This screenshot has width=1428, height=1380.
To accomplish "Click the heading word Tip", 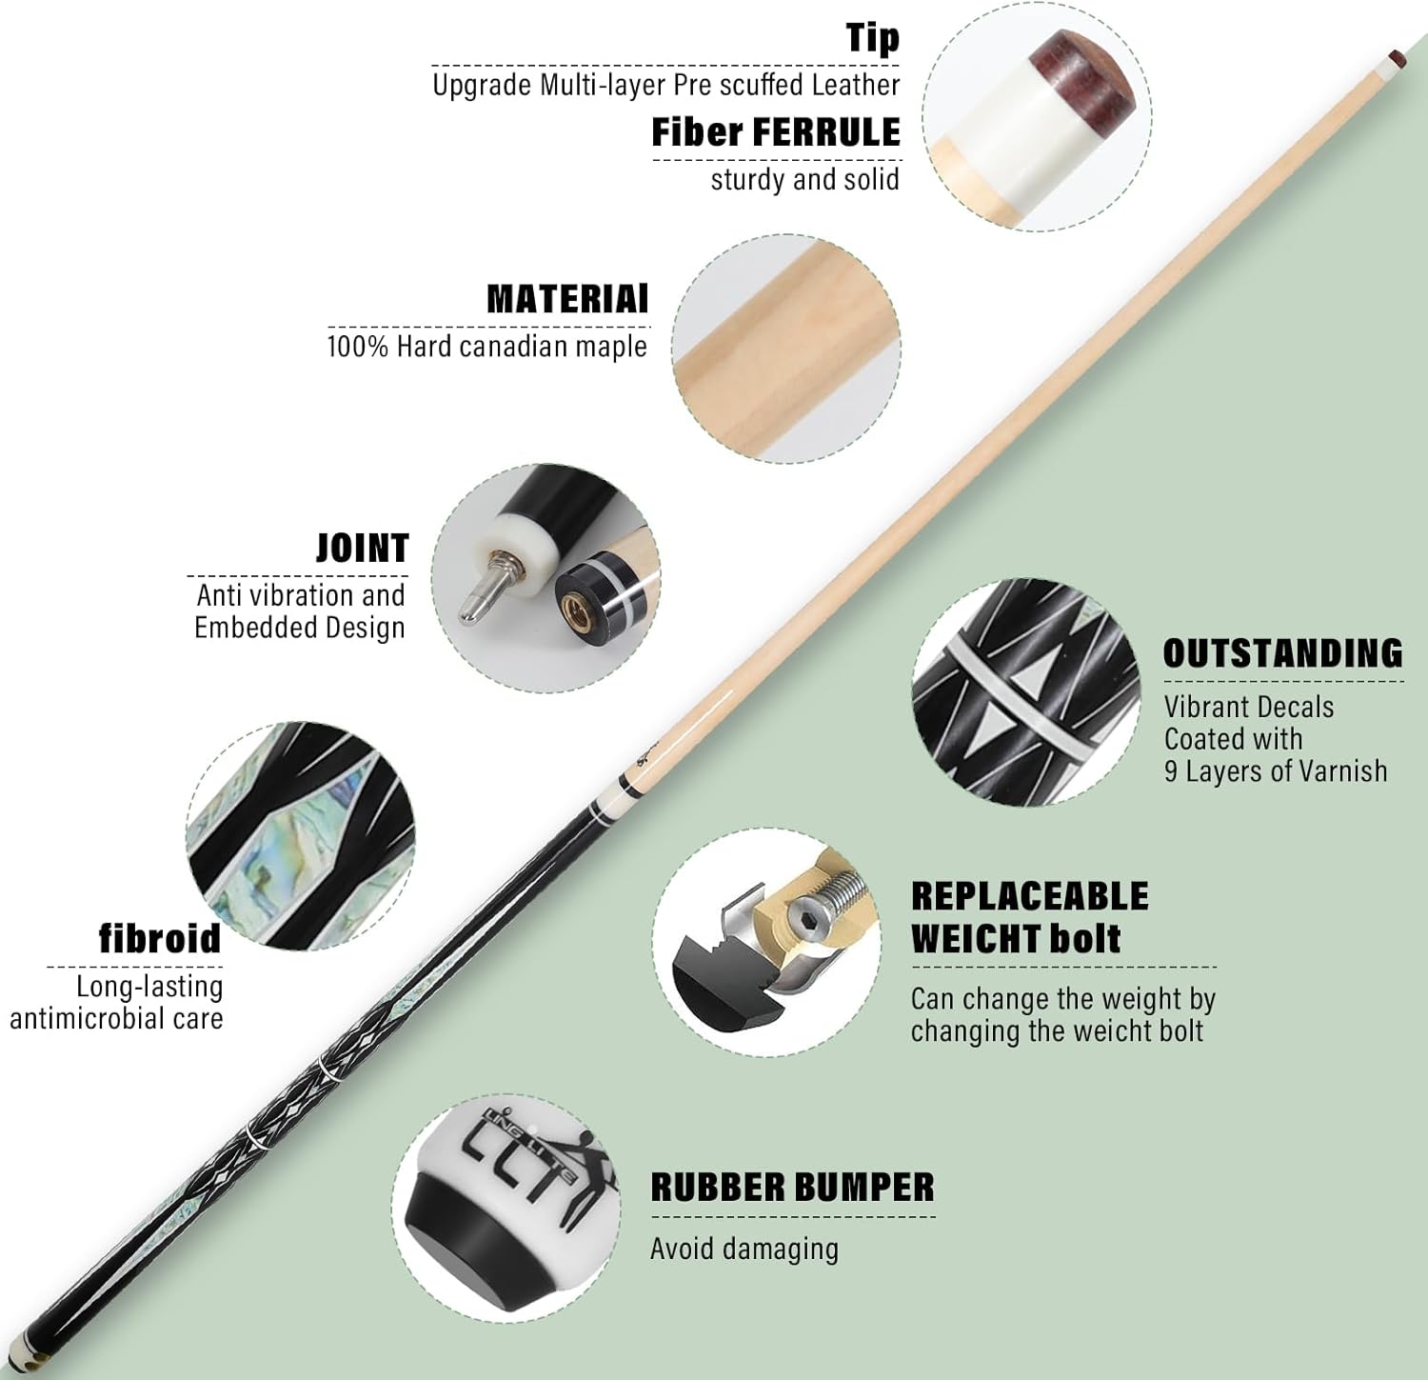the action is click(x=873, y=38).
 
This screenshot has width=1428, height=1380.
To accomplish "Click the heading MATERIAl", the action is click(x=567, y=299).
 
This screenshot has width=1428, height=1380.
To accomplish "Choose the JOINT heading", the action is click(x=362, y=549).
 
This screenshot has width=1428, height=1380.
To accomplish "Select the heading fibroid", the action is click(x=160, y=938).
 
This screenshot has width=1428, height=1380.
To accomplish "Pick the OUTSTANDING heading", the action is click(x=1283, y=653).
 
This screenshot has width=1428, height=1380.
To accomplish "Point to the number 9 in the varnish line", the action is click(x=1171, y=770).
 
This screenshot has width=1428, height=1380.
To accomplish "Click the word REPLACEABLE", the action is click(x=1030, y=896).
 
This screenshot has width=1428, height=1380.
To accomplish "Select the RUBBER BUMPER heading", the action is click(x=793, y=1188).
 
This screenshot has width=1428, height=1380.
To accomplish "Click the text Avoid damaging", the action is click(x=744, y=1249).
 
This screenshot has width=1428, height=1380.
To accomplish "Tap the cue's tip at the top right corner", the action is click(x=1397, y=56).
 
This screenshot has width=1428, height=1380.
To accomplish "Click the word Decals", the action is click(x=1291, y=707).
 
